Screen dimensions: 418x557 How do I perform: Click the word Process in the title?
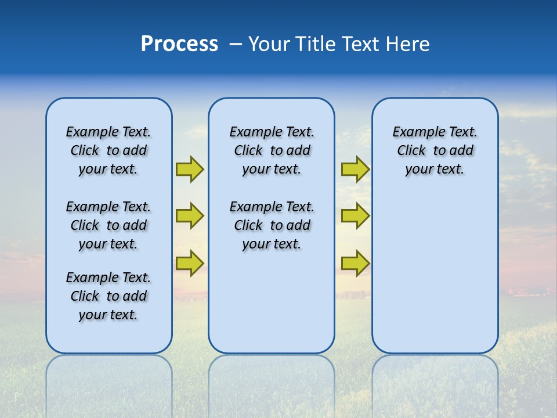(179, 44)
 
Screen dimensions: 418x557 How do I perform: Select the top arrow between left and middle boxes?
(190, 169)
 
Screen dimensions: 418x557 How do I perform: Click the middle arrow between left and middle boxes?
(190, 216)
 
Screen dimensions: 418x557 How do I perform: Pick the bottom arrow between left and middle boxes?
(190, 264)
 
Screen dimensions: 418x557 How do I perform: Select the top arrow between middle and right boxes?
(355, 169)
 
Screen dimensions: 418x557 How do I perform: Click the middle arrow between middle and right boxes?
(355, 216)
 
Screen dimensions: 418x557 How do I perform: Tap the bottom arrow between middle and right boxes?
(355, 264)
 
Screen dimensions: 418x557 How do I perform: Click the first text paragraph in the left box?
(108, 150)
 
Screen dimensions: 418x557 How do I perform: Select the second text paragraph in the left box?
(108, 225)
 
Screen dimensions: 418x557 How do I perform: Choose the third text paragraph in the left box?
(108, 296)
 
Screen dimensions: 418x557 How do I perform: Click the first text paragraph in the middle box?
(272, 150)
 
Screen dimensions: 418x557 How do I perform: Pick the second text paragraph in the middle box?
(272, 225)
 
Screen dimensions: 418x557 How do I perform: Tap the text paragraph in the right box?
(435, 150)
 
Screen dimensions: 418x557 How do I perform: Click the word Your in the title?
(269, 44)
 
